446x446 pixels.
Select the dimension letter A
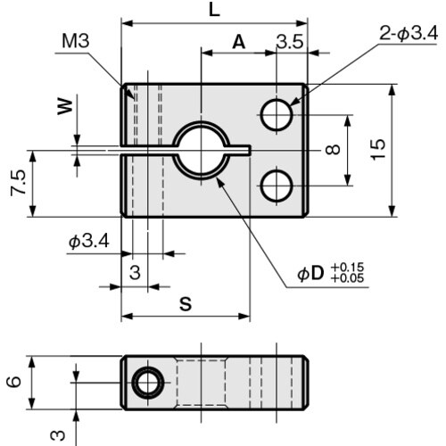(x=238, y=41)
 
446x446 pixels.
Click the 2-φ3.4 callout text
(x=407, y=35)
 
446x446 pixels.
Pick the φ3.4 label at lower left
(x=88, y=242)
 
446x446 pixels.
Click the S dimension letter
(x=185, y=303)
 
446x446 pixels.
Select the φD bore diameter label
(x=310, y=274)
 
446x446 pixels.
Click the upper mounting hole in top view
(x=277, y=113)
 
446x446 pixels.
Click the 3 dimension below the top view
(x=135, y=273)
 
